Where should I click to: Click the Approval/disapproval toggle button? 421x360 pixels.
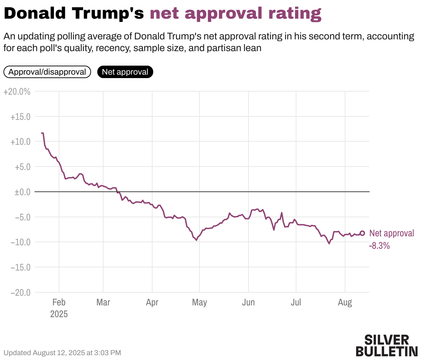tap(47, 72)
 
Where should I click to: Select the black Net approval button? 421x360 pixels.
tap(125, 72)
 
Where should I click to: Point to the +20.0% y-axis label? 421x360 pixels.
tap(17, 92)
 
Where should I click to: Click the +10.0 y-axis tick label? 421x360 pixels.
tap(20, 142)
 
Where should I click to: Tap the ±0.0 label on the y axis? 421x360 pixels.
tap(22, 192)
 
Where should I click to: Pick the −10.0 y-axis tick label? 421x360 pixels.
tap(20, 242)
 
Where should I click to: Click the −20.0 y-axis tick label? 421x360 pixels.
tap(20, 292)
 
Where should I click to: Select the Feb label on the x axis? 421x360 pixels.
tap(59, 302)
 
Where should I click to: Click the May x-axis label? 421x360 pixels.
tap(199, 302)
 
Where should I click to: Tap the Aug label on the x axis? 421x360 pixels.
tap(345, 302)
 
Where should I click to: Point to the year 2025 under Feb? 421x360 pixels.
tap(59, 314)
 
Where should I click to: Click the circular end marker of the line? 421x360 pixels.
tap(362, 233)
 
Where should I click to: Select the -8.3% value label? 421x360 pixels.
tap(379, 246)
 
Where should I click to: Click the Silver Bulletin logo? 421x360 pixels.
tap(386, 345)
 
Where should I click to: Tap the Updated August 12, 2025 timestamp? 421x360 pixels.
tap(62, 353)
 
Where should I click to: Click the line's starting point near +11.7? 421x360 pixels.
tap(42, 133)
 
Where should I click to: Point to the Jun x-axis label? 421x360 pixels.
tap(248, 302)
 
